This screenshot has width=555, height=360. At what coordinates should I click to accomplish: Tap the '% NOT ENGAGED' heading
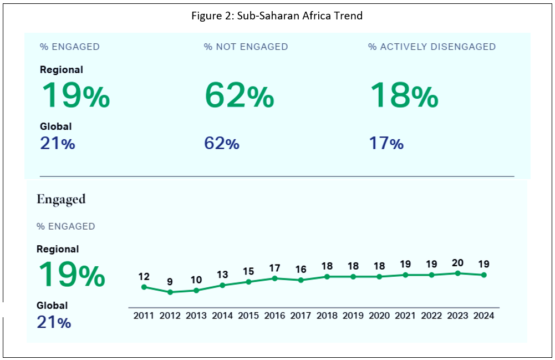pos(246,47)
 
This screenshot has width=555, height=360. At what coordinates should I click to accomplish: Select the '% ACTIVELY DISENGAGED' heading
pos(431,47)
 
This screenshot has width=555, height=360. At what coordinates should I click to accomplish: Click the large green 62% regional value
pos(239,95)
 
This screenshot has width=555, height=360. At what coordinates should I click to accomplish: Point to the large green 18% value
pos(404,95)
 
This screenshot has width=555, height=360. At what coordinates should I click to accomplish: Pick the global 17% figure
pos(386,144)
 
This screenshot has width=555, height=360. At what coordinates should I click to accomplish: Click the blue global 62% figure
pos(222,144)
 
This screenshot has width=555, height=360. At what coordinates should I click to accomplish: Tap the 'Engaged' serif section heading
pos(61,199)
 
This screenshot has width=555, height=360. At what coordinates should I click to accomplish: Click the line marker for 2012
pos(170,292)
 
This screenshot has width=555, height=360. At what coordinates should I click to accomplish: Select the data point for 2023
pos(457,273)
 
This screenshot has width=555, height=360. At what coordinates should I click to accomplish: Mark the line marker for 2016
pos(274,278)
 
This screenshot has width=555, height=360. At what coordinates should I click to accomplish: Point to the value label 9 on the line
pos(170,282)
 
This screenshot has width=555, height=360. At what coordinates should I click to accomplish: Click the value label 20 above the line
pos(457,262)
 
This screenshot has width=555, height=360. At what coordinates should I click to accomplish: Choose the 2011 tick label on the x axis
pos(144,316)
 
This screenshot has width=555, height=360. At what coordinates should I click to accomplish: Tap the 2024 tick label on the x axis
pos(483,316)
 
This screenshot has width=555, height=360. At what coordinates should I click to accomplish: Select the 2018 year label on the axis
pos(327,316)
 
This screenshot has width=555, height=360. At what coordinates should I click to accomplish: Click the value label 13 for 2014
pos(222,275)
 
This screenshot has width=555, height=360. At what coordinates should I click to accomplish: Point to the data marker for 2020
pos(379,276)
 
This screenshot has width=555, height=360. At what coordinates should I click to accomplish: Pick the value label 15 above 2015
pos(248,271)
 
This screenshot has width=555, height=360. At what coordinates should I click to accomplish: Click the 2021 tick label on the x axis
pos(405,316)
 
